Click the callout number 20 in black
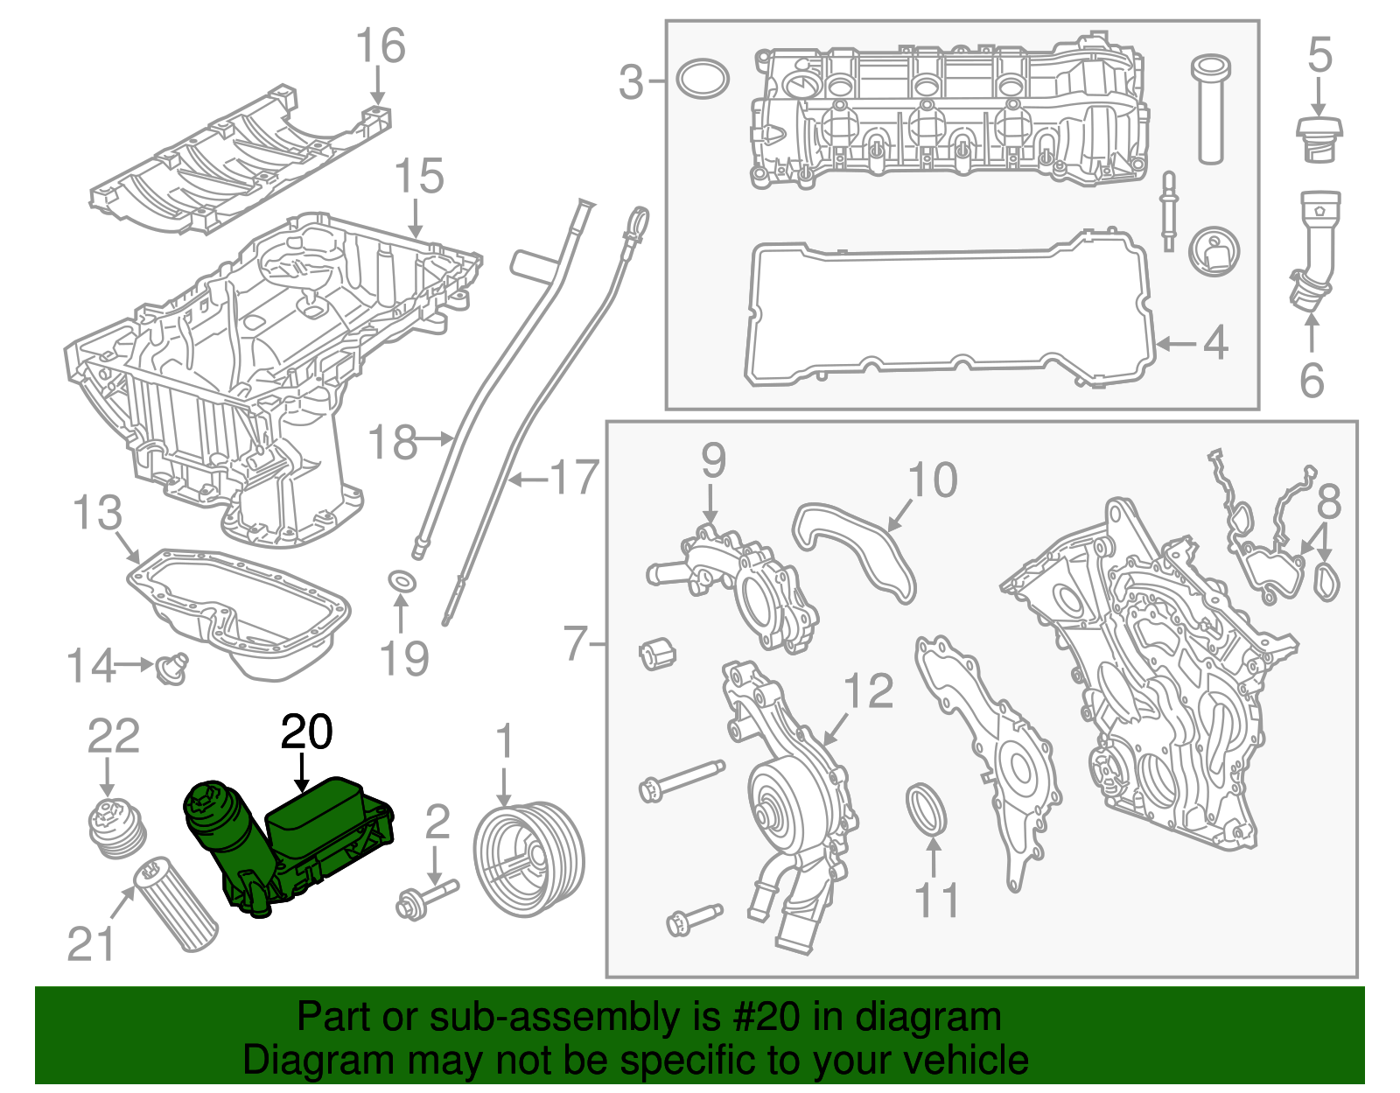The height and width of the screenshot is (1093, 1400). click(x=306, y=732)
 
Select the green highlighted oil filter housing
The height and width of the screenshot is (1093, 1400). click(x=289, y=841)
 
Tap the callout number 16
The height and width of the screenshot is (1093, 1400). click(x=381, y=46)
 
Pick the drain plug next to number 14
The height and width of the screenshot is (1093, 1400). click(x=172, y=668)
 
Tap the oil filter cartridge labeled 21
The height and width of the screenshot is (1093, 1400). click(x=174, y=905)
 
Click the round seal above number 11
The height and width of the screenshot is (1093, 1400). click(x=926, y=809)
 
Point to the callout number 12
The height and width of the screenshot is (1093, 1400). click(x=868, y=691)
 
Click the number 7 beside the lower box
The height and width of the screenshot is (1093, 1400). click(x=575, y=644)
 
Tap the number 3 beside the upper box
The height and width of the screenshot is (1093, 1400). click(x=631, y=82)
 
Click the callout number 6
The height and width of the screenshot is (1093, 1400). click(x=1311, y=380)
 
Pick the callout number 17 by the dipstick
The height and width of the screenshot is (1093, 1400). click(x=574, y=478)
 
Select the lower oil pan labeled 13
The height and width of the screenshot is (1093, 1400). click(x=241, y=613)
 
